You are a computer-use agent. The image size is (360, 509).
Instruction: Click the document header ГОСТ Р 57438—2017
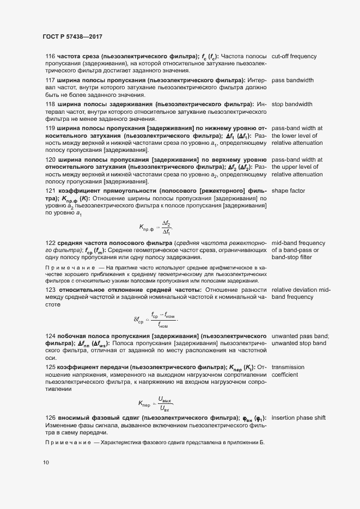[x=72, y=36]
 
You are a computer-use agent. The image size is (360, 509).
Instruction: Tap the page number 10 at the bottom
[x=46, y=463]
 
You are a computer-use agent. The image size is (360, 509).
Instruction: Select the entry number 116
[x=50, y=57]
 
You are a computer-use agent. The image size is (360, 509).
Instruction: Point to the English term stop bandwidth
[x=292, y=104]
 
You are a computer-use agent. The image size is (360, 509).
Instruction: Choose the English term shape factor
[x=288, y=191]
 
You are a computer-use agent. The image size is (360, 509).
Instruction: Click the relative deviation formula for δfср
[x=155, y=319]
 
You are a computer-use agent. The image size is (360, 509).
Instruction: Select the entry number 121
[x=50, y=191]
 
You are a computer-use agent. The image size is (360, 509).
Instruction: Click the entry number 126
[x=50, y=418]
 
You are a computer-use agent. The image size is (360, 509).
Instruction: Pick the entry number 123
[x=50, y=290]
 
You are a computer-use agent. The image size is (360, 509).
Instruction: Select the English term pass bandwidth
[x=292, y=81]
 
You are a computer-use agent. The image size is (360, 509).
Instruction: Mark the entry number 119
[x=50, y=128]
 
